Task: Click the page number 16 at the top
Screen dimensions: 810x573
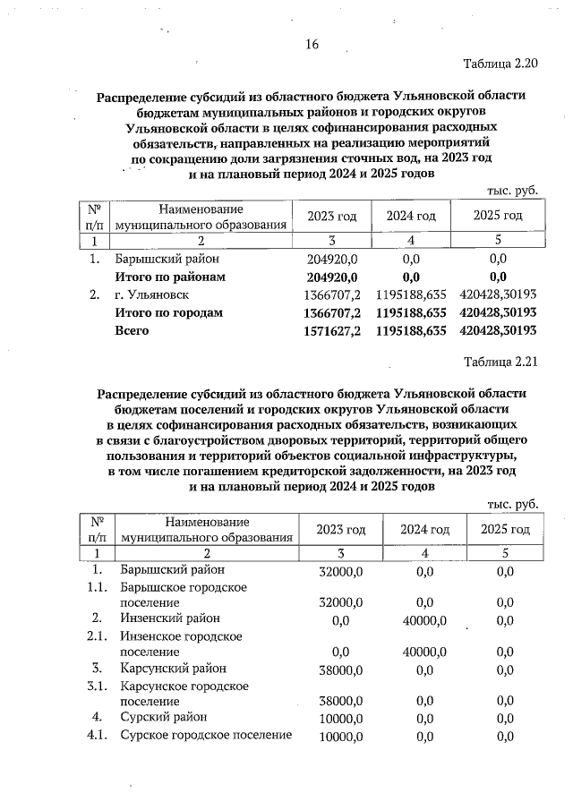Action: pyautogui.click(x=312, y=45)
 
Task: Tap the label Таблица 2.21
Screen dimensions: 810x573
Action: pyautogui.click(x=500, y=362)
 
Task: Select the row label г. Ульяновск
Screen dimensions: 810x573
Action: pyautogui.click(x=152, y=294)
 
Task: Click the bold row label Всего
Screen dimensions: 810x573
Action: pyautogui.click(x=132, y=330)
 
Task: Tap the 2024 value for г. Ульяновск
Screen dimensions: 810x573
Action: pyautogui.click(x=411, y=294)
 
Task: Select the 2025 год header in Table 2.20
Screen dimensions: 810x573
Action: pyautogui.click(x=497, y=217)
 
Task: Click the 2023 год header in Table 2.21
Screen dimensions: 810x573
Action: pyautogui.click(x=342, y=530)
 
